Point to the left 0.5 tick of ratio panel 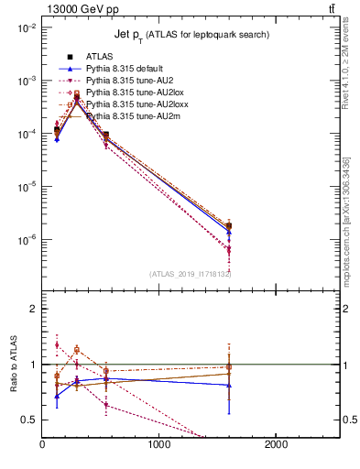point(29,420)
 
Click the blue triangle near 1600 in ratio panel point(229,385)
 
